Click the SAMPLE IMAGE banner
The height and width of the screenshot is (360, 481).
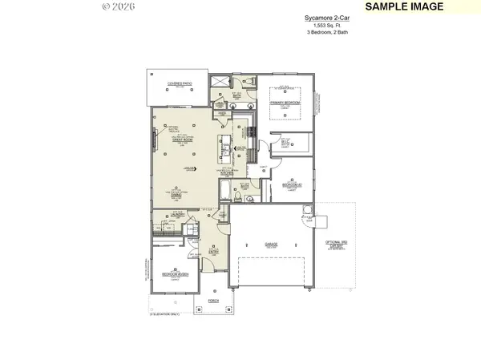(x=414, y=6)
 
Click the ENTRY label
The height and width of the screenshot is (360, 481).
(x=214, y=251)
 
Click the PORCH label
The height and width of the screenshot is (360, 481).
(x=212, y=301)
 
